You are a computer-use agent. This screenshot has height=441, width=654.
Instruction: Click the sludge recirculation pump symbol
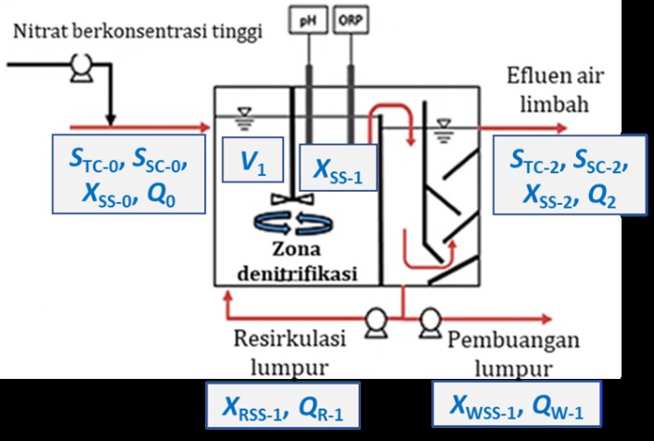[376, 321]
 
